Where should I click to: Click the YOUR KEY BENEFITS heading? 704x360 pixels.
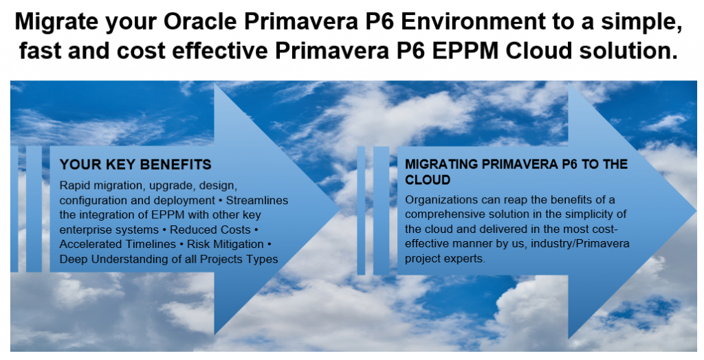click(135, 165)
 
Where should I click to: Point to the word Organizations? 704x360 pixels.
click(439, 200)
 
